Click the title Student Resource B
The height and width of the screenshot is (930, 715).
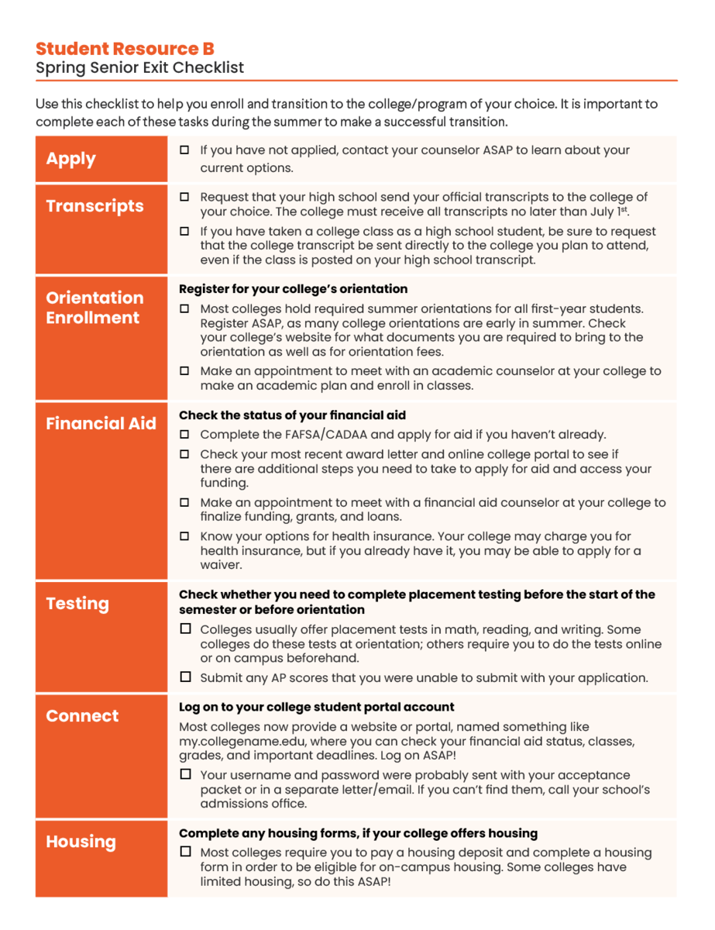(x=125, y=49)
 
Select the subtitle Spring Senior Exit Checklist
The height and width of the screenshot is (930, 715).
(x=139, y=68)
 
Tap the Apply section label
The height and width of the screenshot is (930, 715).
(x=70, y=159)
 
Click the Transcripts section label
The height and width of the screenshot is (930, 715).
(x=95, y=206)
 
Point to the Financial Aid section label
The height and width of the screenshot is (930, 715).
(x=101, y=423)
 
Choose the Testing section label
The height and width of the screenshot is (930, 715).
(x=77, y=604)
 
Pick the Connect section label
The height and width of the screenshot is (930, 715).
(x=82, y=716)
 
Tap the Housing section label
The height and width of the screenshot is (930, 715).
(x=81, y=842)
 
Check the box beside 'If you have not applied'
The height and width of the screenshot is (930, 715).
(x=184, y=150)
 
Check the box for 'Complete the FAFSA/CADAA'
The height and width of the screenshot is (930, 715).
(x=184, y=434)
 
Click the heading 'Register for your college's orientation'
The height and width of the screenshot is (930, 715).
(x=293, y=289)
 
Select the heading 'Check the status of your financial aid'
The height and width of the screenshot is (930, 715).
(x=292, y=415)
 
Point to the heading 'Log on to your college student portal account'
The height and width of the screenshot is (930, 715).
(x=316, y=707)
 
